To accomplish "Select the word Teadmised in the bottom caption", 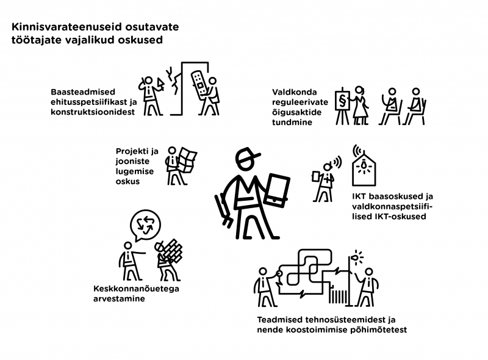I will [279, 319].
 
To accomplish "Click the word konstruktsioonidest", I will [89, 113].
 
